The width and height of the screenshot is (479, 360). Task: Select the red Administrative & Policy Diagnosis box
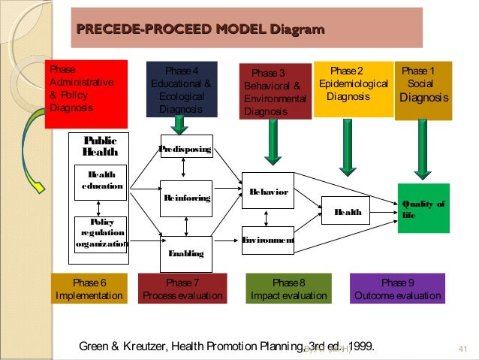80,92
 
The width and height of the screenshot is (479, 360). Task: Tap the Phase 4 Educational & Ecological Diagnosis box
182,89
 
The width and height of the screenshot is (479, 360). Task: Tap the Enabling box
186,253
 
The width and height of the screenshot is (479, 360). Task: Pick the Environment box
267,240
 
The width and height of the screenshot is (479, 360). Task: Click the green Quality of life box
424,207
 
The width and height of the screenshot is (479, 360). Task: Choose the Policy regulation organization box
101,233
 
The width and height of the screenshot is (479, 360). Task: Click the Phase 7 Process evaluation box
182,289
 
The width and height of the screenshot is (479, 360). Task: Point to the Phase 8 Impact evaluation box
289,289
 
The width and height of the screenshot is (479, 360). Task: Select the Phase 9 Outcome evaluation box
397,289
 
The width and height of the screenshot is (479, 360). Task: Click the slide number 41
461,347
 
